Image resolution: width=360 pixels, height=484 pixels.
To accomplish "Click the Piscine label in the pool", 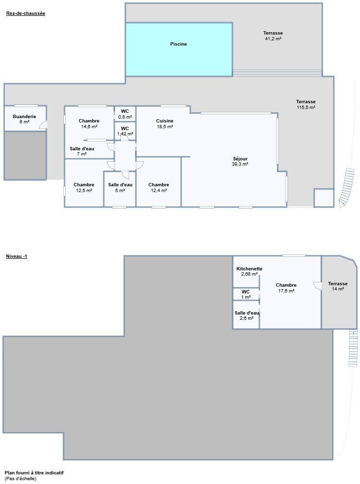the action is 178,44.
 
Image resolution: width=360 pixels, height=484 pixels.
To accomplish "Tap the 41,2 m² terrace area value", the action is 273,39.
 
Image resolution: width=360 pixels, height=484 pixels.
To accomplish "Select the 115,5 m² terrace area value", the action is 306,108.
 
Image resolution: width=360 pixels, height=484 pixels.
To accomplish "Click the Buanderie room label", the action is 24,116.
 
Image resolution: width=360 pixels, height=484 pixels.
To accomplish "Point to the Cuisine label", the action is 165,121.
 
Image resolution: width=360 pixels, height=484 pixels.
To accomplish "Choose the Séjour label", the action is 240,159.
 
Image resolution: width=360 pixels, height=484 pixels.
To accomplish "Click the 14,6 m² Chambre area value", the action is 89,127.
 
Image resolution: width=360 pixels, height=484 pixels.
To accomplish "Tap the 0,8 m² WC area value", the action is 125,117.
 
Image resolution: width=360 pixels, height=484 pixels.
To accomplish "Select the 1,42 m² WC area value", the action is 125,134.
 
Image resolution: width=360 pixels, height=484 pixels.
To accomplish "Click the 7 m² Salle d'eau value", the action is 82,154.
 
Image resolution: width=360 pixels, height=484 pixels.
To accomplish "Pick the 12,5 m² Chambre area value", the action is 84,191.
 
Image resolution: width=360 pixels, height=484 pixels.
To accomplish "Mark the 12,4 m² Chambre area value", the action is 158,191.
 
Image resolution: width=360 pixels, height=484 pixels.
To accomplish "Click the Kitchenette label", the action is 249,268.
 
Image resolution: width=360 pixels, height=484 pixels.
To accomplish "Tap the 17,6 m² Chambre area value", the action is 286,291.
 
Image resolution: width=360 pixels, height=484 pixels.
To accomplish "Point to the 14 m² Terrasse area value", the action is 338,289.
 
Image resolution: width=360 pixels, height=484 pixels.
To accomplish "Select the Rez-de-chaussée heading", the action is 25,13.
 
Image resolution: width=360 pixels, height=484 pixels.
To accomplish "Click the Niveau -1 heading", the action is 17,256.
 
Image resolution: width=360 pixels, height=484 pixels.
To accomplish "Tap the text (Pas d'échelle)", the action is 20,479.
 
